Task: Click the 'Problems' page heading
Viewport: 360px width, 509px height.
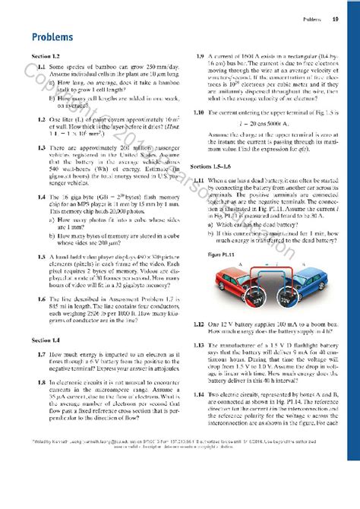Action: point(52,36)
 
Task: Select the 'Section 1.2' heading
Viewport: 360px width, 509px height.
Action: point(45,57)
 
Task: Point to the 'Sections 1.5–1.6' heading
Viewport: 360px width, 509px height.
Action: point(212,166)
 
